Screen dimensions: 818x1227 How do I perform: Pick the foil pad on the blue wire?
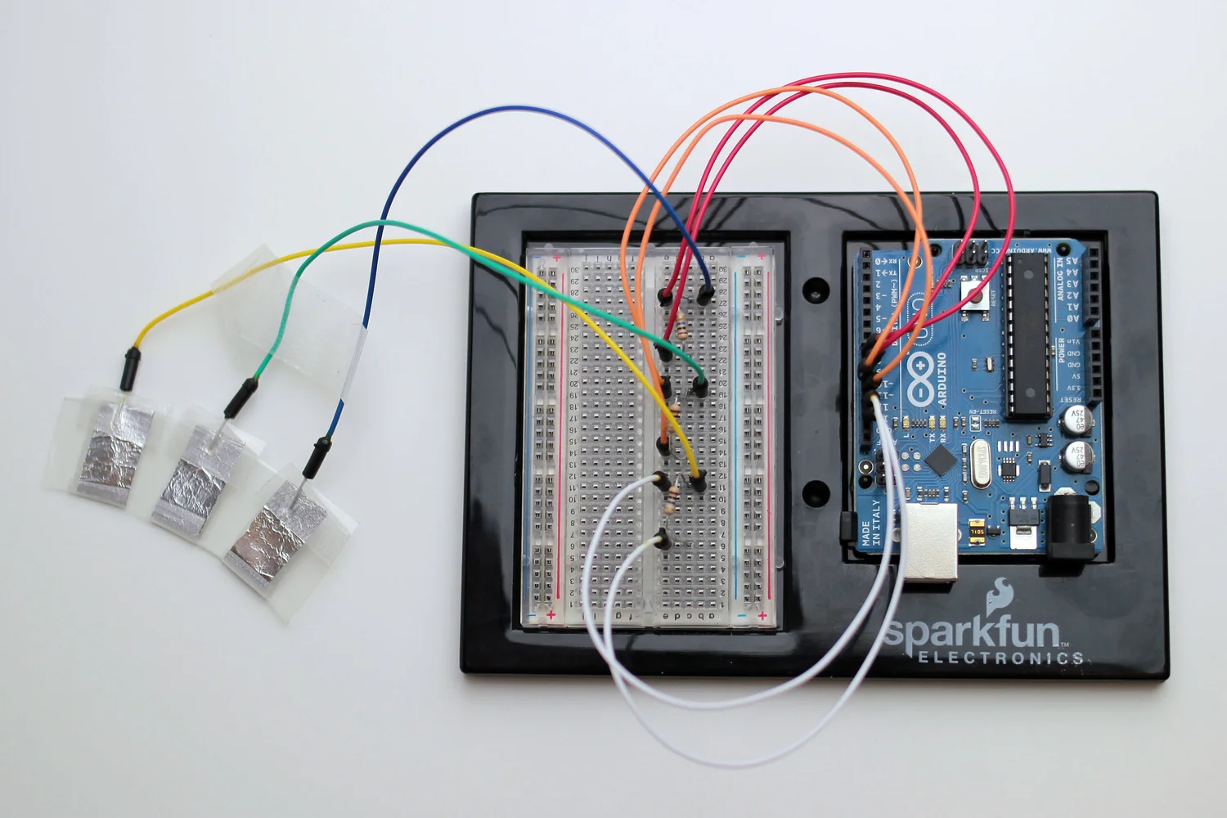pyautogui.click(x=278, y=529)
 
